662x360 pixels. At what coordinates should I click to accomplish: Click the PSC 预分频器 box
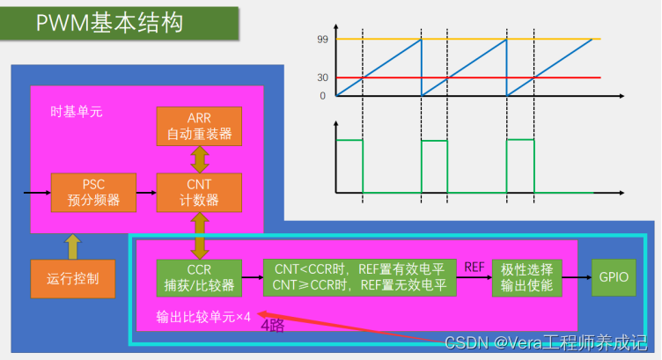[93, 193]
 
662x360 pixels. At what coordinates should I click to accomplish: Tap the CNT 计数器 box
[198, 193]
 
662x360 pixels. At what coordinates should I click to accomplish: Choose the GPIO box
[613, 276]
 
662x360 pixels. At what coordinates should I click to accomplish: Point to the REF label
[474, 265]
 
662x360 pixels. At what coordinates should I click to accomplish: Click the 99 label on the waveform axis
[322, 40]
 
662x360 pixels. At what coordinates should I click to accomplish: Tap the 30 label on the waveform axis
[322, 77]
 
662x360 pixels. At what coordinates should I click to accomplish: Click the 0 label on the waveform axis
[322, 95]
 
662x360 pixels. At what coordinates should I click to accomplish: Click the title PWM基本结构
[110, 23]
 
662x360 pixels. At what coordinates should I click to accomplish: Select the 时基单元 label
[76, 113]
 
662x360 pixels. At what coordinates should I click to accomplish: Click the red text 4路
[272, 325]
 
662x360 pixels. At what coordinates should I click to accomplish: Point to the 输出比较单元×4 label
[203, 316]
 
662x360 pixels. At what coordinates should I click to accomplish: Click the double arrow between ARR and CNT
[199, 160]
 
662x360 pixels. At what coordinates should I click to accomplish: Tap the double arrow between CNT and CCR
[199, 234]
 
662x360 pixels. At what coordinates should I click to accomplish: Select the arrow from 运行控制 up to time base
[72, 245]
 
